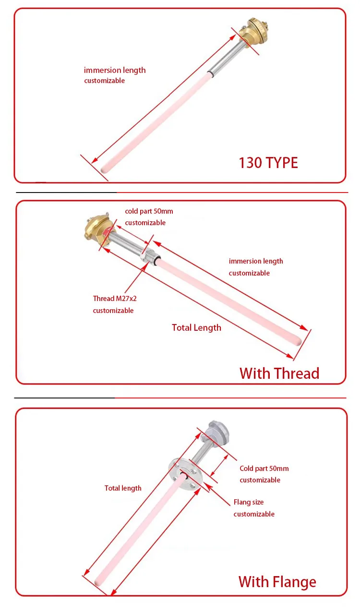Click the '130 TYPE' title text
pos(268,163)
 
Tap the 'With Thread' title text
pos(279,373)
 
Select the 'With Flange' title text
pos(277,582)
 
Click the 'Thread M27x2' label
pos(115,299)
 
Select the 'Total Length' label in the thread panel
pos(196,328)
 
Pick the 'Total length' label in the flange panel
pos(123,488)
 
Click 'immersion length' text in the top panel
pos(115,70)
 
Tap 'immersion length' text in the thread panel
pos(256,261)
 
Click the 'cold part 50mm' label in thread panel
pos(149,211)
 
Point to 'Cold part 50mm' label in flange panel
pos(264,469)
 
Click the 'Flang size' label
pos(249,502)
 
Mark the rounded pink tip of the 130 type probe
pos(105,169)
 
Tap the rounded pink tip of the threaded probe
pos(298,342)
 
